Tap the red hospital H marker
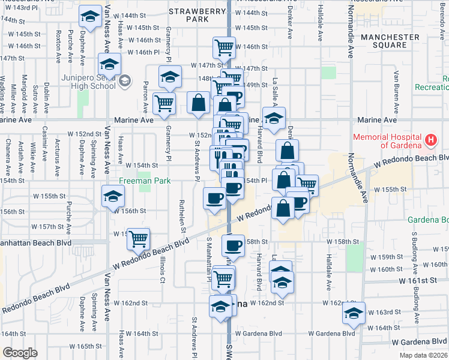point(430,141)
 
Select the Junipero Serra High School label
point(88,81)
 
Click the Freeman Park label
point(144,181)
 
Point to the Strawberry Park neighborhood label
point(188,15)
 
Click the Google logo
point(19,353)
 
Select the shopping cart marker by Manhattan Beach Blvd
point(139,238)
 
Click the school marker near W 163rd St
point(354,313)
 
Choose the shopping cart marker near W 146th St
point(224,46)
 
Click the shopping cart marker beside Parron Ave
point(164,103)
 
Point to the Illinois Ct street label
point(162,271)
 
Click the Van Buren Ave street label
point(396,93)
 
